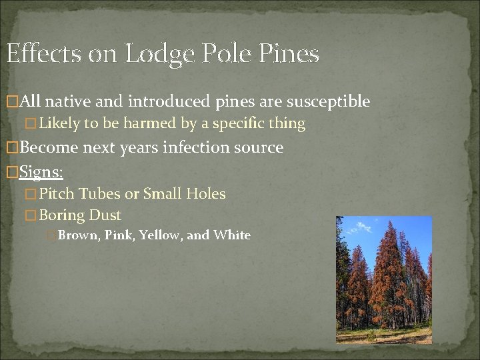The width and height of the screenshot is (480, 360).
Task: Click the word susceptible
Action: pyautogui.click(x=328, y=102)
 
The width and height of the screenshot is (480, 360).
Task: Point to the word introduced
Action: pyautogui.click(x=170, y=102)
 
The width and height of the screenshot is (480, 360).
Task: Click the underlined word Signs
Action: pyautogui.click(x=41, y=172)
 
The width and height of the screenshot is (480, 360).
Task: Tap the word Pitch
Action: pyautogui.click(x=57, y=195)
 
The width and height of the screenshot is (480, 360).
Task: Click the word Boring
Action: pyautogui.click(x=62, y=215)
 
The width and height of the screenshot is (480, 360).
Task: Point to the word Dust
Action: pyautogui.click(x=105, y=215)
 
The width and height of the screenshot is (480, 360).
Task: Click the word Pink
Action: pyautogui.click(x=117, y=235)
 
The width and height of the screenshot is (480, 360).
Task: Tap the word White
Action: pyautogui.click(x=231, y=235)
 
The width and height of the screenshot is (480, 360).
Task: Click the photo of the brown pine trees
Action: pyautogui.click(x=383, y=279)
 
